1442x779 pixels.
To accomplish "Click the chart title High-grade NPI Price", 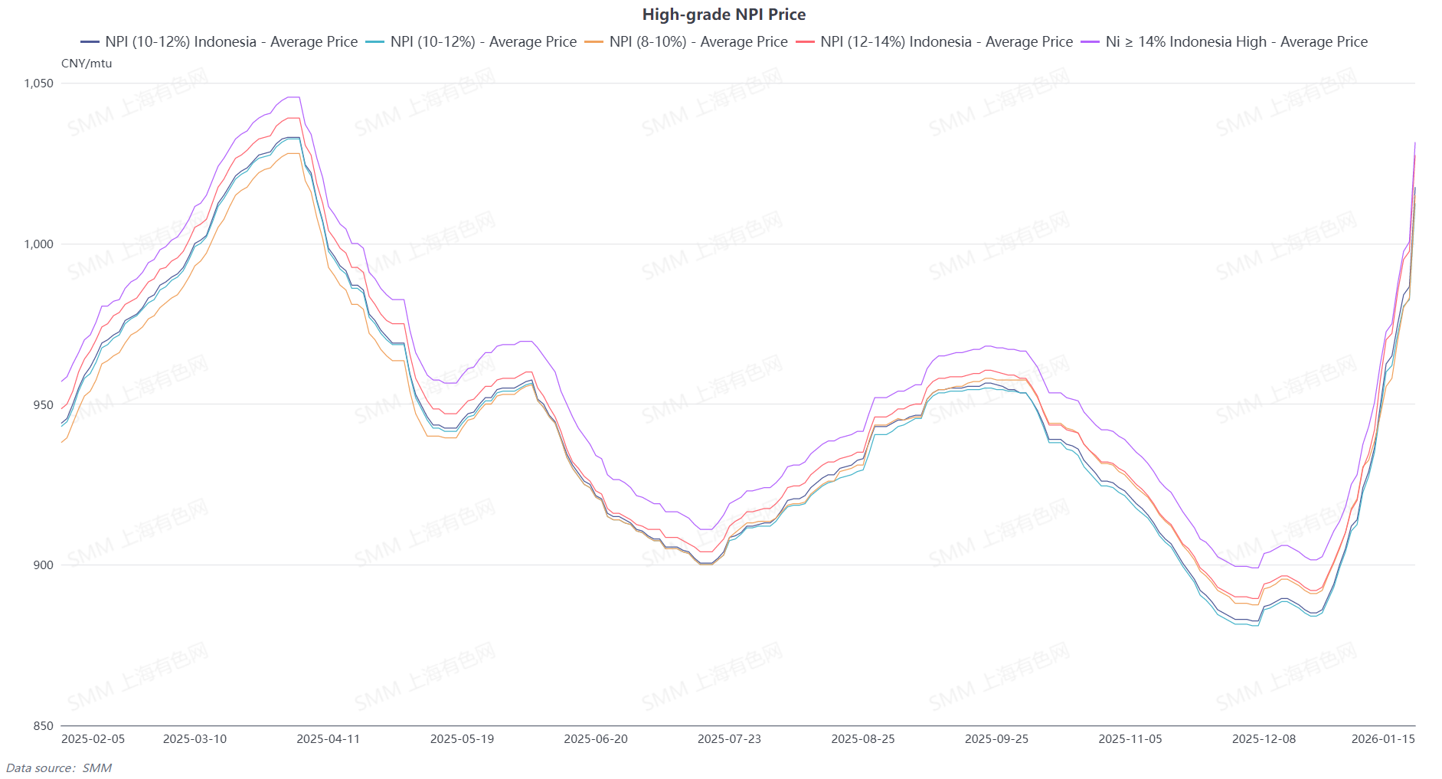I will pyautogui.click(x=724, y=15).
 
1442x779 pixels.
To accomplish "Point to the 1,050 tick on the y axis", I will pyautogui.click(x=39, y=83).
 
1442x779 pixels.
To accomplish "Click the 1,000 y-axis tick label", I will pyautogui.click(x=39, y=244).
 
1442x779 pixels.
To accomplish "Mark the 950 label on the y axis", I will pyautogui.click(x=44, y=405).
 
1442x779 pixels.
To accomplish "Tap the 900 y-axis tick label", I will pyautogui.click(x=44, y=565).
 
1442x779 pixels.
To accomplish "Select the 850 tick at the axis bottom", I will pyautogui.click(x=44, y=726).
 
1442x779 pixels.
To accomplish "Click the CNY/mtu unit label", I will pyautogui.click(x=87, y=64).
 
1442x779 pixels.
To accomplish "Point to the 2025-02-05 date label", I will pyautogui.click(x=93, y=739).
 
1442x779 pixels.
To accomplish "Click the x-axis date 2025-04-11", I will pyautogui.click(x=328, y=739).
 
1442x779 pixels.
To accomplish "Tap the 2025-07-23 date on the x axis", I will pyautogui.click(x=729, y=739).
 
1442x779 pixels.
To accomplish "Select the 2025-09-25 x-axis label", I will pyautogui.click(x=996, y=739).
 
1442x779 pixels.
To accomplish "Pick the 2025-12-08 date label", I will pyautogui.click(x=1264, y=739).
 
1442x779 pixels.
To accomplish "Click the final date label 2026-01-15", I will pyautogui.click(x=1383, y=739).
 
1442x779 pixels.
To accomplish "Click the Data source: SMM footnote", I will pyautogui.click(x=59, y=768).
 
